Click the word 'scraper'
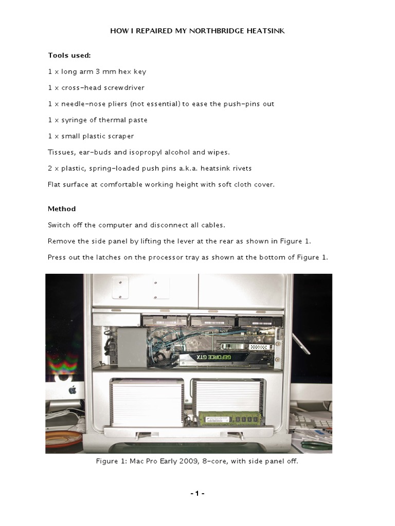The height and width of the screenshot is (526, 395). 119,136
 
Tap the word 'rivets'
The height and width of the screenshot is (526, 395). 241,168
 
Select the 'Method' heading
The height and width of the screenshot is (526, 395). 62,209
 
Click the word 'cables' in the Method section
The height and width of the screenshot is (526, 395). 210,225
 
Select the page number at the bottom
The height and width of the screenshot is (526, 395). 197,494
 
